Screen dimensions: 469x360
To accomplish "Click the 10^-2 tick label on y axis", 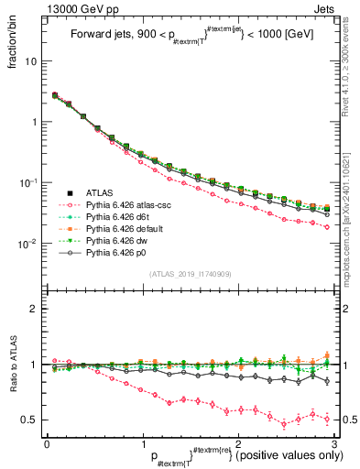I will tap(29, 244).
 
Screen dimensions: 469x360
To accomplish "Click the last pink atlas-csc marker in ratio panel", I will tap(326, 420).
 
